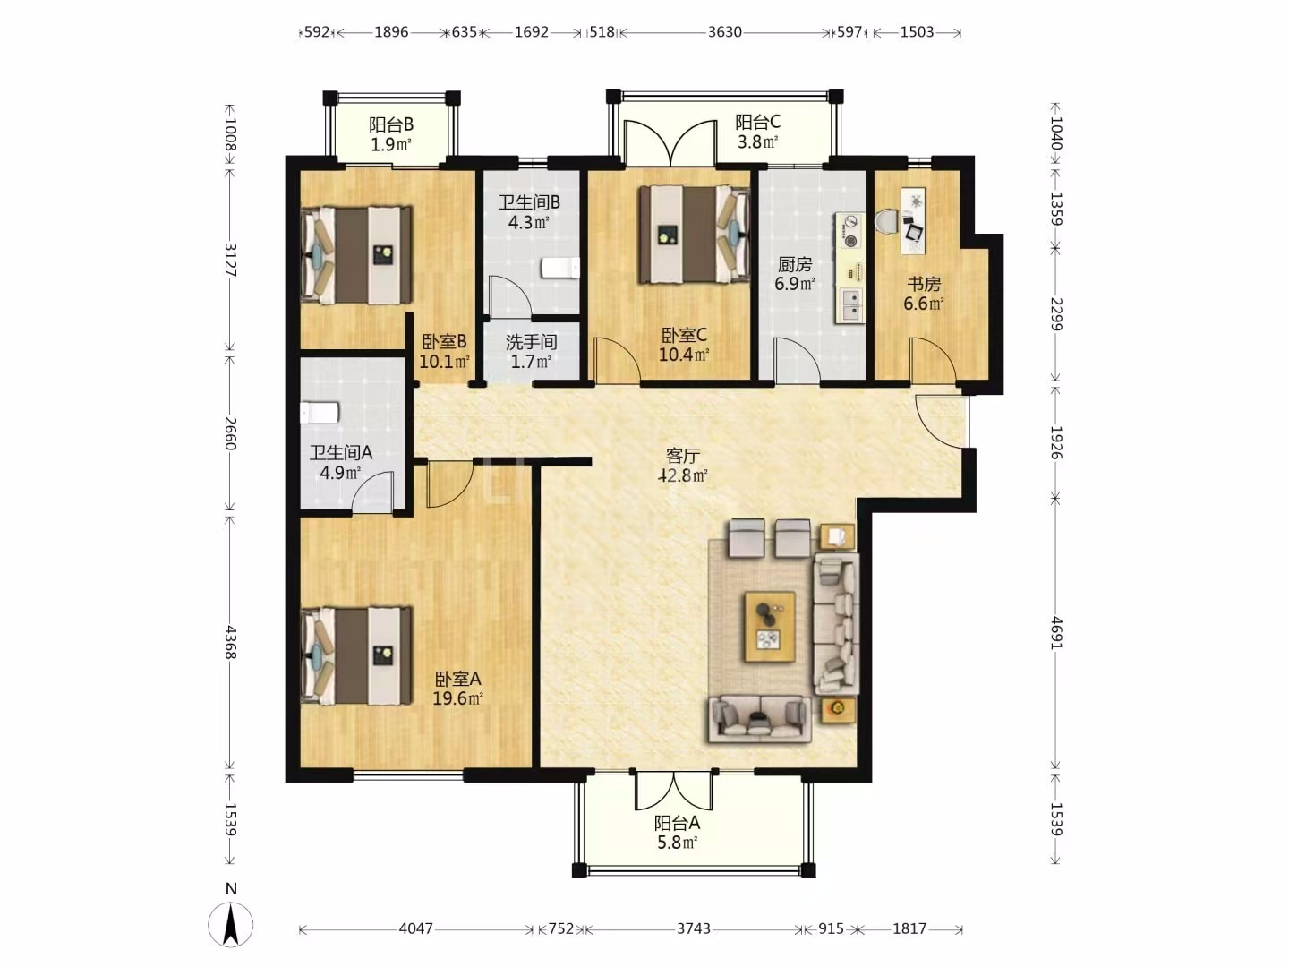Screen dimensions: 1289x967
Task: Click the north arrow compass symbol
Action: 231,925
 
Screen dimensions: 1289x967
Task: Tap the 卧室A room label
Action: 458,679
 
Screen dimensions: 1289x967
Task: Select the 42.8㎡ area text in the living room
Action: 682,475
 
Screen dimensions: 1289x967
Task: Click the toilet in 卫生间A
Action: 320,413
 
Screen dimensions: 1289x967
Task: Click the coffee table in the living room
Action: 770,627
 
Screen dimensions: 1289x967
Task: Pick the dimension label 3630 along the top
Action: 725,31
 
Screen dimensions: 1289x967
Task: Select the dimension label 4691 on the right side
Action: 1056,633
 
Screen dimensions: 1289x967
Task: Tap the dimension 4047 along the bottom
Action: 415,928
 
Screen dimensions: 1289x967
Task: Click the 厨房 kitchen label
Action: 795,264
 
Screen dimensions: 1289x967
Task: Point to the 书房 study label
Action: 924,284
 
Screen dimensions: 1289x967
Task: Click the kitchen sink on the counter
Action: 849,306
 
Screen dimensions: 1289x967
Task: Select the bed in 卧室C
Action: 695,235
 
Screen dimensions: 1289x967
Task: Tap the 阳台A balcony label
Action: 677,823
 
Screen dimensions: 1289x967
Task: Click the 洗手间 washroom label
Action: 531,342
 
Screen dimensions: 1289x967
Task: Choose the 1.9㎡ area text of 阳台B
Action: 391,144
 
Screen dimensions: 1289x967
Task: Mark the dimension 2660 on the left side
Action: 230,433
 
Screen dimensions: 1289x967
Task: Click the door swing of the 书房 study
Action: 933,361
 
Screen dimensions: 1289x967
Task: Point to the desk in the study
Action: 913,221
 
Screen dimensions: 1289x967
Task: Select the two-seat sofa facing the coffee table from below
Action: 760,720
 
